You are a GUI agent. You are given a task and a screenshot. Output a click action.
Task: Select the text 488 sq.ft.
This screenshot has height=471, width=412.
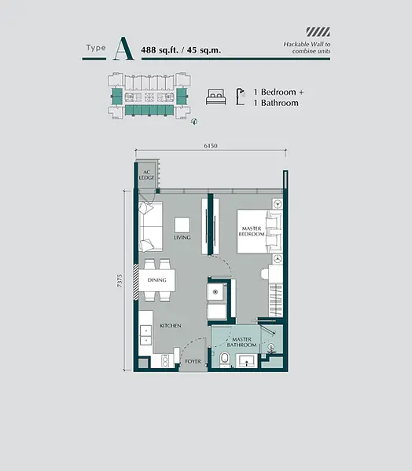tap(159, 50)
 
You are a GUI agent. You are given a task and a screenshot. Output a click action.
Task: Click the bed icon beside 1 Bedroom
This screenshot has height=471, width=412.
tap(214, 97)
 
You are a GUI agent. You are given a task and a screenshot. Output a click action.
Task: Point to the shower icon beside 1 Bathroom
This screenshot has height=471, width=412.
tap(243, 97)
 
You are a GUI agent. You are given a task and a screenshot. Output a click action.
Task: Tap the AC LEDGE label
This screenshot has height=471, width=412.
tap(147, 177)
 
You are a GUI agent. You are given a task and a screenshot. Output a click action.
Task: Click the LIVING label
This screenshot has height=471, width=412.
tap(182, 236)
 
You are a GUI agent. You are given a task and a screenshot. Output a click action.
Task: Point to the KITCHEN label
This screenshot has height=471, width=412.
tap(171, 324)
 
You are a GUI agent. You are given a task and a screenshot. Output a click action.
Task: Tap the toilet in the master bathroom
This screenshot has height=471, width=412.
tap(226, 360)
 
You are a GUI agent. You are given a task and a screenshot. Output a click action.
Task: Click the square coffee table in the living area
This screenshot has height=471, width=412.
tap(182, 223)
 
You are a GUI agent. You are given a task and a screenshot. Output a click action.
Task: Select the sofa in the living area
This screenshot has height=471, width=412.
tap(150, 224)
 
